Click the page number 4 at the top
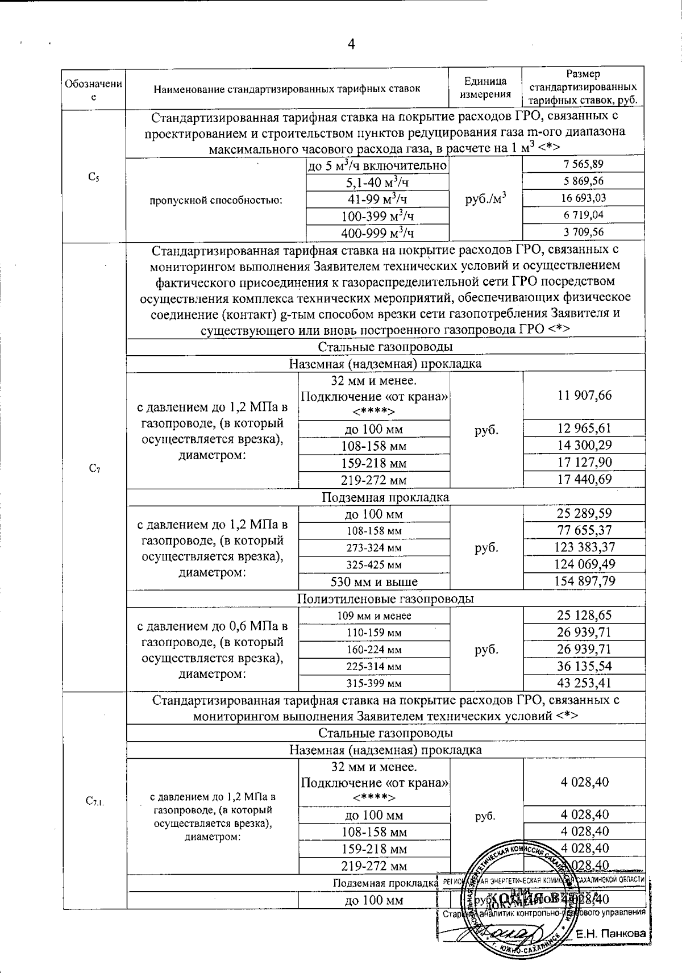(351, 44)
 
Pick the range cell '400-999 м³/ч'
(377, 232)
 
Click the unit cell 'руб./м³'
(485, 198)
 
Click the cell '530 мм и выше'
(374, 581)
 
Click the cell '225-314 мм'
(374, 666)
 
